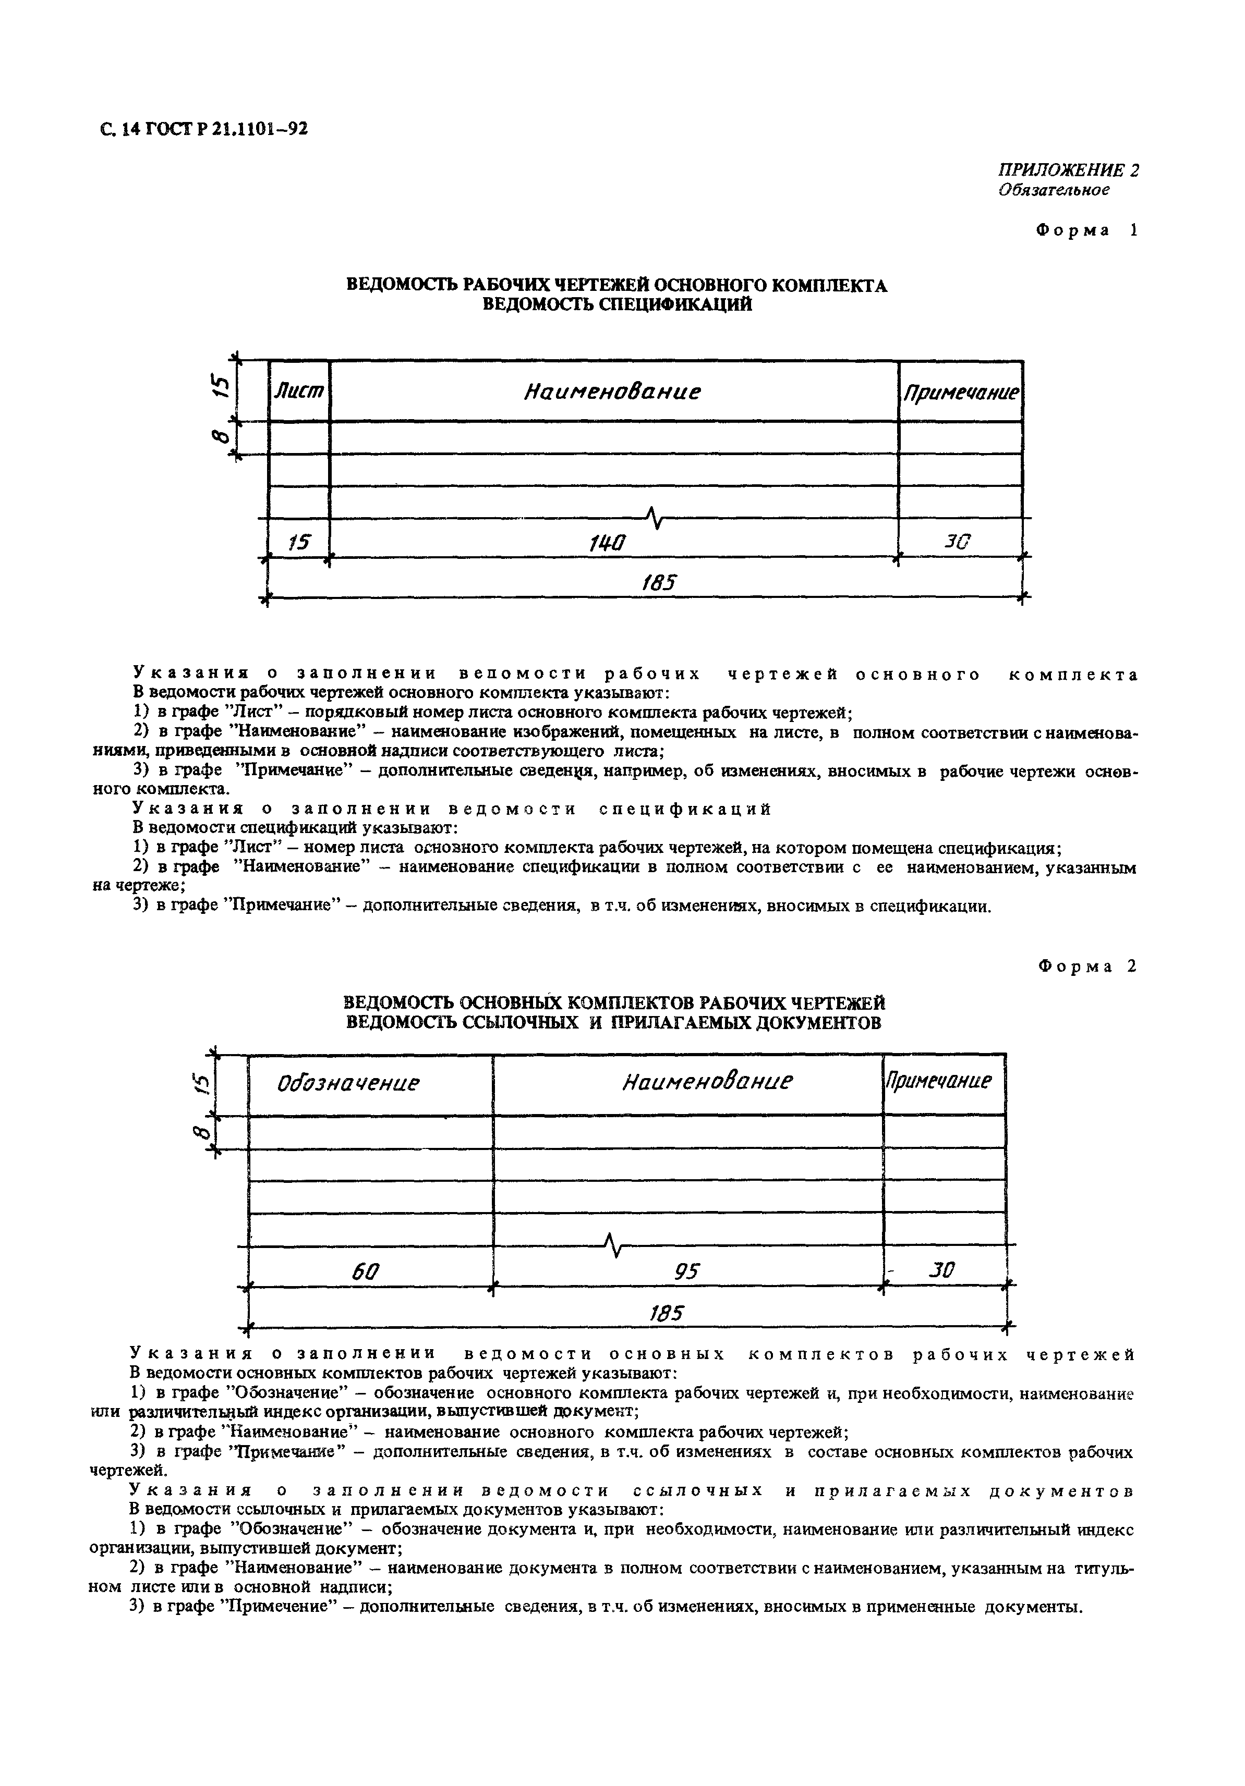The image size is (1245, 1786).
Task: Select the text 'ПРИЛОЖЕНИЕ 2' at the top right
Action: pos(1068,170)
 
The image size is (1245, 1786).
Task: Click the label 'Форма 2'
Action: pos(1087,966)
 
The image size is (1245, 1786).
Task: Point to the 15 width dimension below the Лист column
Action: pos(298,542)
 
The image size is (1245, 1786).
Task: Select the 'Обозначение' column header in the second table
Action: pos(348,1083)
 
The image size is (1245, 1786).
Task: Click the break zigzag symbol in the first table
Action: pos(655,517)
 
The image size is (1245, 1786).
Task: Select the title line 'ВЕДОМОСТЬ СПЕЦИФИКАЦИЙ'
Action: pos(617,305)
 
